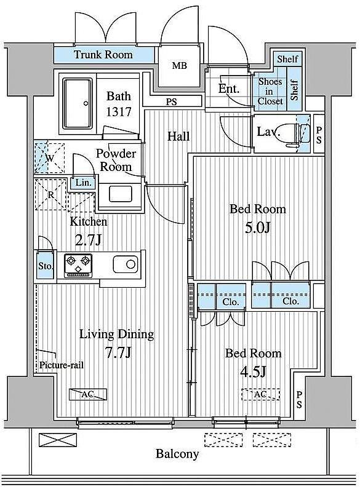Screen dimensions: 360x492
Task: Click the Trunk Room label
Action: coord(103,55)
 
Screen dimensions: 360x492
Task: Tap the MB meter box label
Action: coord(180,66)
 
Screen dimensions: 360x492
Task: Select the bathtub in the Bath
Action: coord(78,103)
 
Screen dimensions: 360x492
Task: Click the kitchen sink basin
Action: coord(126,264)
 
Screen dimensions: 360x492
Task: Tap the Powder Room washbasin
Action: coord(121,194)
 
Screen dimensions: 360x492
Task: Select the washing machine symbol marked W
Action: coord(49,158)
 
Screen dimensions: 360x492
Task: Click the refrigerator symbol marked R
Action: coord(50,194)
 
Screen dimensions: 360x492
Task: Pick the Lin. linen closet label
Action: coord(84,183)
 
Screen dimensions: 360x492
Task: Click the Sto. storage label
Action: coord(46,266)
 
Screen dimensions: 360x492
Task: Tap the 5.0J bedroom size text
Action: coord(257,228)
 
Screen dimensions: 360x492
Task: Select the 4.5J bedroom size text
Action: coord(253,372)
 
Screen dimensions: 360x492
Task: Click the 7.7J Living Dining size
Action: coord(118,353)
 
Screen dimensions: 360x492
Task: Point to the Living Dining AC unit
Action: coord(88,394)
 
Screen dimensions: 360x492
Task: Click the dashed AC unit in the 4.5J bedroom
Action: coord(260,394)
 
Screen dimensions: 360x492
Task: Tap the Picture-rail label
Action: coord(62,365)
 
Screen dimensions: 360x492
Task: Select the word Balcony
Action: coord(177,454)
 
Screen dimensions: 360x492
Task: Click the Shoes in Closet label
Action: coord(270,91)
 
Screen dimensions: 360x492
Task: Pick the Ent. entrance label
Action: coord(229,89)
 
